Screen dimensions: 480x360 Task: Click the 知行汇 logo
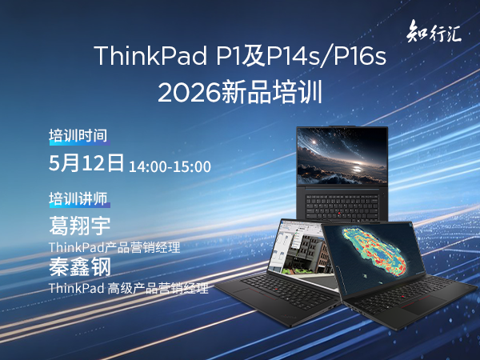434,31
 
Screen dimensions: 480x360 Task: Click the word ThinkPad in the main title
150,55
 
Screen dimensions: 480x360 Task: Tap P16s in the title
360,55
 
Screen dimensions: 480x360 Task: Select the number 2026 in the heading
189,93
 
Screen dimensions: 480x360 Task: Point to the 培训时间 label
78,136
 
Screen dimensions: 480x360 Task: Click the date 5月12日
86,162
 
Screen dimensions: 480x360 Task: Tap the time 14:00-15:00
170,167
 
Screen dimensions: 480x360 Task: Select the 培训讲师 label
78,198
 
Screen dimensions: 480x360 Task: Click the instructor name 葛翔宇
79,226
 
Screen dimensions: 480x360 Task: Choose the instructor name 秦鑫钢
79,267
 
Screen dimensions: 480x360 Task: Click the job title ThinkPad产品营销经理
114,247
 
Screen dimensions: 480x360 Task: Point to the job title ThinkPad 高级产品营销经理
129,288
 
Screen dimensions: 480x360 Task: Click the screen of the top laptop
342,156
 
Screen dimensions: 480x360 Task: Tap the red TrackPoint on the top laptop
339,213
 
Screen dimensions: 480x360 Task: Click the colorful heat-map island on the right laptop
375,252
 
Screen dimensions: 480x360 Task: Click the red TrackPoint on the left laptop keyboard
275,289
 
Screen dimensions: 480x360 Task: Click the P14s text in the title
293,55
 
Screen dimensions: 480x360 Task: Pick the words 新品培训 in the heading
271,93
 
